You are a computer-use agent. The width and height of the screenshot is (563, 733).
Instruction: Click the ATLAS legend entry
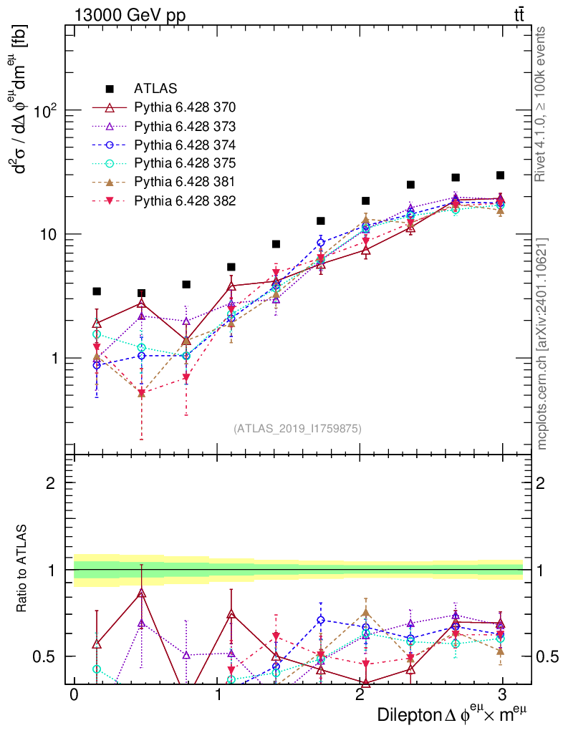155,89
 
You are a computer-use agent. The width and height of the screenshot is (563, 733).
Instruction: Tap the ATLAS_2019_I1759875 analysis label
297,429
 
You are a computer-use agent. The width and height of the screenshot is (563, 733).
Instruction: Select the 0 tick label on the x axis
74,695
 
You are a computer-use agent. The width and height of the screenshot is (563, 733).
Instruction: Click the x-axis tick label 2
360,695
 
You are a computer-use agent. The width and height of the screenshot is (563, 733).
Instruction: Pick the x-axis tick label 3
502,695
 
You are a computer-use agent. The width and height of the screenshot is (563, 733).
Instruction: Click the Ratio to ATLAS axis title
24,569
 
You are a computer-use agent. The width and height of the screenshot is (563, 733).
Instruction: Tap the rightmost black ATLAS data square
500,175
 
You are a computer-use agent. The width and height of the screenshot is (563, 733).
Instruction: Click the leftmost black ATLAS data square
97,291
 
